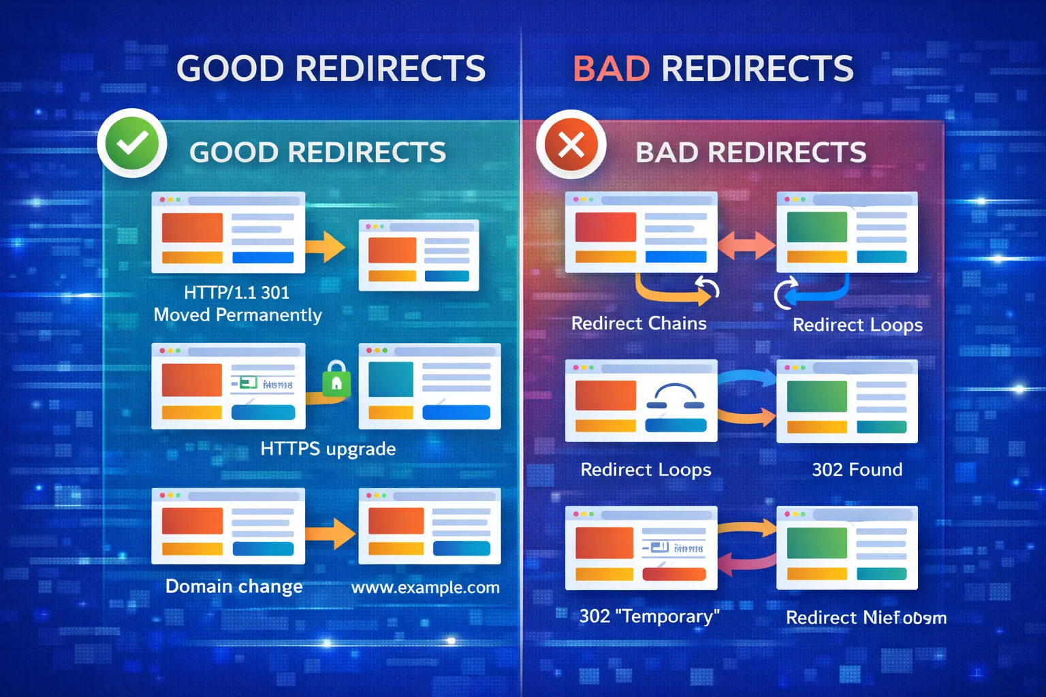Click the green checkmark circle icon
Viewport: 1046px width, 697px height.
pyautogui.click(x=132, y=143)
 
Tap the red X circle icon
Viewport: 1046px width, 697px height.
pyautogui.click(x=571, y=144)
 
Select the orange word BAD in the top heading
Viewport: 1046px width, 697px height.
pyautogui.click(x=611, y=69)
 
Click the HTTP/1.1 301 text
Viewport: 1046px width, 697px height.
pyautogui.click(x=236, y=293)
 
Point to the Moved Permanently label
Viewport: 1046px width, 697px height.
pyautogui.click(x=238, y=315)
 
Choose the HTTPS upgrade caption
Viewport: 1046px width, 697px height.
pyautogui.click(x=328, y=449)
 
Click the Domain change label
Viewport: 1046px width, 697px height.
pyautogui.click(x=234, y=587)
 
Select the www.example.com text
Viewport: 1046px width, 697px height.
pyautogui.click(x=425, y=587)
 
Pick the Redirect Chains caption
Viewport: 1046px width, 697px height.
pyautogui.click(x=639, y=323)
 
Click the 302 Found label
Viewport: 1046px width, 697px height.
pyautogui.click(x=857, y=470)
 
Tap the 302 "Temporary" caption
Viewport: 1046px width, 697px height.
pyautogui.click(x=649, y=617)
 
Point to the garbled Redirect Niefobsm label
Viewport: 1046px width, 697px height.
pyautogui.click(x=866, y=618)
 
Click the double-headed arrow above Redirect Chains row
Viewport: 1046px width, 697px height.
pyautogui.click(x=746, y=245)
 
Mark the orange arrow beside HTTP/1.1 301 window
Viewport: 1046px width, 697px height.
pyautogui.click(x=326, y=246)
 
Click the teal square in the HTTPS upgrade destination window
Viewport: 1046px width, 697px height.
pyautogui.click(x=390, y=379)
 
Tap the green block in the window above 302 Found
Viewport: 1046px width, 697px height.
pyautogui.click(x=817, y=396)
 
